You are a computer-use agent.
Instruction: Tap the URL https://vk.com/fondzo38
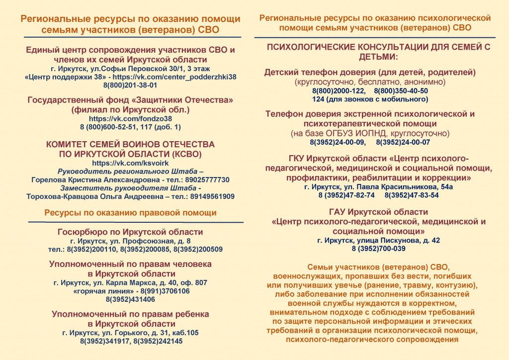click(130, 119)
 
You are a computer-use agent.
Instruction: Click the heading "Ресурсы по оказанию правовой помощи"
click(130, 213)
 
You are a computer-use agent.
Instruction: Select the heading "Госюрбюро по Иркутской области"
click(130, 232)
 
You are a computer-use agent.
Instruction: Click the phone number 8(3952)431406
click(130, 299)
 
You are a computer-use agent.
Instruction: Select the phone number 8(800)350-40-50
click(401, 91)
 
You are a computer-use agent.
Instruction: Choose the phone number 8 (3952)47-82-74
click(346, 195)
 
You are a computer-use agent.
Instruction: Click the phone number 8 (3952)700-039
click(378, 249)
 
